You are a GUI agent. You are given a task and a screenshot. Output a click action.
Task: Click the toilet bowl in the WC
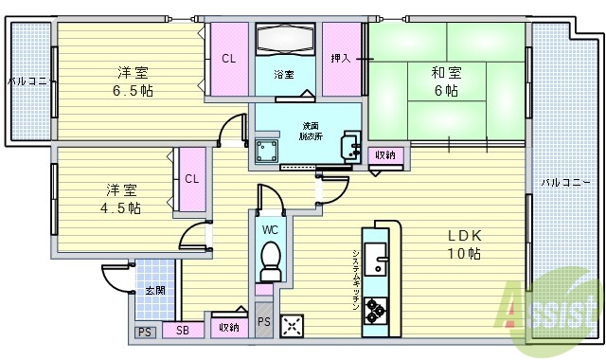pyautogui.click(x=270, y=258)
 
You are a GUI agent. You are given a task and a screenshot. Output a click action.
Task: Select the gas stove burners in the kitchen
pyautogui.click(x=375, y=310)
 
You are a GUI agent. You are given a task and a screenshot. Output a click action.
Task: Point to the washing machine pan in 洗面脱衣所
pyautogui.click(x=269, y=152)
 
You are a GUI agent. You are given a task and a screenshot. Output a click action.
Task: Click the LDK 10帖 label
pyautogui.click(x=463, y=245)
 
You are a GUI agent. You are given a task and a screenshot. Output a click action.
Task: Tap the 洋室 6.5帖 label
pyautogui.click(x=133, y=81)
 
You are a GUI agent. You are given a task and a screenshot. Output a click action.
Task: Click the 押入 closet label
pyautogui.click(x=340, y=59)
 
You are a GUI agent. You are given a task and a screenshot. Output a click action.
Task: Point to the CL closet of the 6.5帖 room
pyautogui.click(x=228, y=59)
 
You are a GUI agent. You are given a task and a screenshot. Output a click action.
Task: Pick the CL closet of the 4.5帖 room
pyautogui.click(x=191, y=178)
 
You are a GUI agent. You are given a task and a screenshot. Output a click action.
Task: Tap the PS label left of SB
pyautogui.click(x=144, y=332)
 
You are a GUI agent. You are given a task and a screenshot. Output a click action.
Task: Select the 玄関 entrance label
pyautogui.click(x=153, y=290)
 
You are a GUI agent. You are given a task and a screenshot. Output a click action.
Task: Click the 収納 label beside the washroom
pyautogui.click(x=384, y=154)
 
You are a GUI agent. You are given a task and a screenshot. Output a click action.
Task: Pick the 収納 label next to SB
pyautogui.click(x=228, y=327)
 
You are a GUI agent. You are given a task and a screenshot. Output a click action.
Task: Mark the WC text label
pyautogui.click(x=269, y=228)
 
